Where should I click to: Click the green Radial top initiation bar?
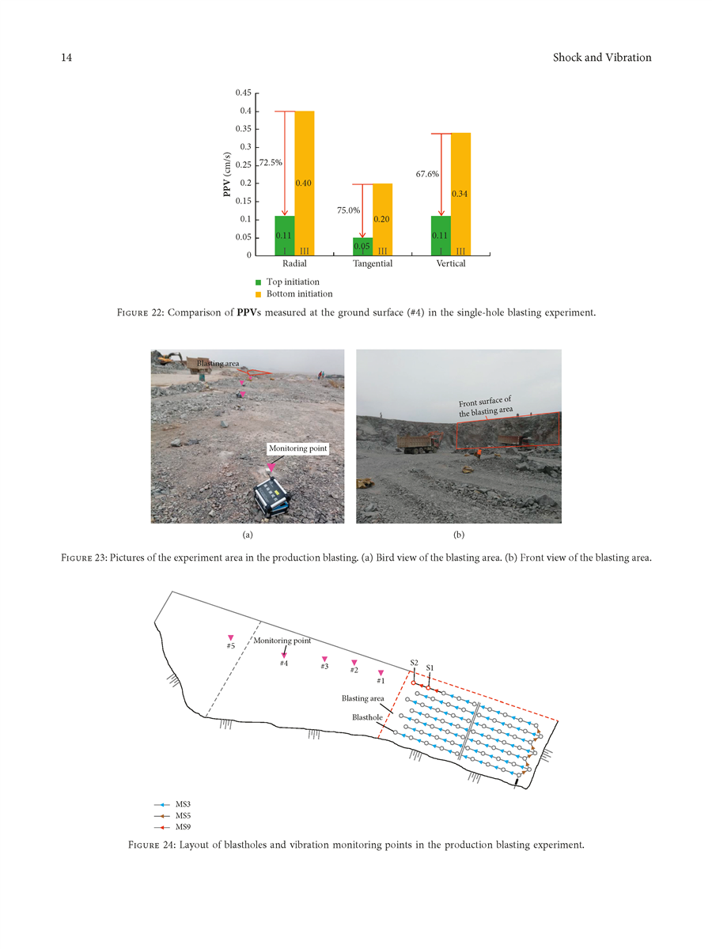coord(285,235)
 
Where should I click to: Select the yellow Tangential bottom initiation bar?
coord(382,219)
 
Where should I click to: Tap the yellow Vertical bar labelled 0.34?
coord(460,194)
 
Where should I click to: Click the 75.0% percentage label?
coord(349,211)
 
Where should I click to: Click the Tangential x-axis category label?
coord(372,264)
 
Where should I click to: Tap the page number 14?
coord(67,58)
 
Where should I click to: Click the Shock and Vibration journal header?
coord(602,58)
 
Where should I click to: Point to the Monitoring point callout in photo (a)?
coord(297,448)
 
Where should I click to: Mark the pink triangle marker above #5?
coord(231,637)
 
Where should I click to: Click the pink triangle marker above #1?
coord(381,673)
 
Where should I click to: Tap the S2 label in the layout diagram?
coord(414,662)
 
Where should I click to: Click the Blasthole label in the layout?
coord(366,718)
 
